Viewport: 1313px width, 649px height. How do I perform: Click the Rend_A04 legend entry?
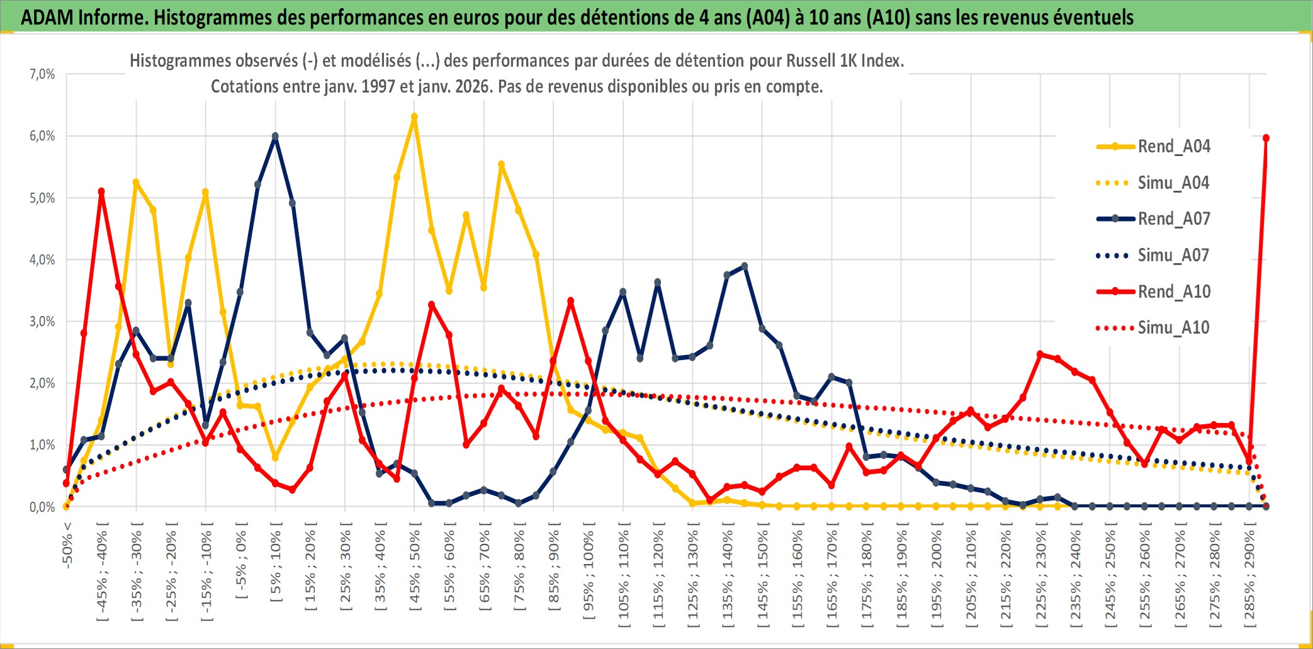click(x=1173, y=147)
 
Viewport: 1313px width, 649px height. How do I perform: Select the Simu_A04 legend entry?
click(x=1173, y=183)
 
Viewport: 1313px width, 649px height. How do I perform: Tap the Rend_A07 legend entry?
click(x=1173, y=219)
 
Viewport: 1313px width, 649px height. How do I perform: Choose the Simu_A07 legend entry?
click(x=1173, y=256)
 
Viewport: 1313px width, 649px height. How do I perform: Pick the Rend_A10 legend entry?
click(x=1173, y=292)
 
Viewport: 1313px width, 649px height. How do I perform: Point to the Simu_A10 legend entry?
click(x=1173, y=328)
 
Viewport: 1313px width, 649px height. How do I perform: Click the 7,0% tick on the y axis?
click(x=42, y=74)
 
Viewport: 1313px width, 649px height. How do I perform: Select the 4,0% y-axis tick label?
click(x=42, y=259)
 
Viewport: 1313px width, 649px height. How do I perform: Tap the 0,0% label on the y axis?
click(x=42, y=507)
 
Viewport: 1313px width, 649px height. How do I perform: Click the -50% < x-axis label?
click(x=67, y=545)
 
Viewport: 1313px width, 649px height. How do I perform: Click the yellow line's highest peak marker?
click(x=414, y=117)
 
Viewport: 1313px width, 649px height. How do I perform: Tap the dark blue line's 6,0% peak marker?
click(x=275, y=136)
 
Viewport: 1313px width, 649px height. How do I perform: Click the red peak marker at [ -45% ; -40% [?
click(x=101, y=191)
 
